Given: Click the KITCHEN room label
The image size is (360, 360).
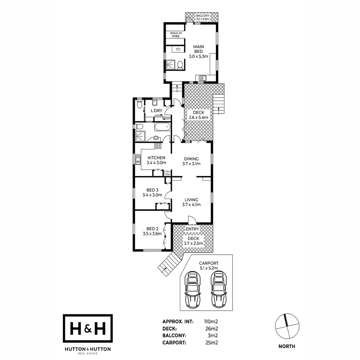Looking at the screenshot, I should [156, 158].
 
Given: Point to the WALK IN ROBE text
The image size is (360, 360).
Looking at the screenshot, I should [176, 35].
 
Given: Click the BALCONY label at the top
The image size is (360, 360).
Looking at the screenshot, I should [203, 16].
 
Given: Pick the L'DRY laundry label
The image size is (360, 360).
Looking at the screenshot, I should [156, 111].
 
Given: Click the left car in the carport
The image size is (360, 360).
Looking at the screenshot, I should [192, 289].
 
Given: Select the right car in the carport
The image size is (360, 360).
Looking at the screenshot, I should [218, 289].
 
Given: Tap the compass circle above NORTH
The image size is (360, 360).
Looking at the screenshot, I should [287, 326].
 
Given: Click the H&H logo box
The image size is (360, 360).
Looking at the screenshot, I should [88, 328].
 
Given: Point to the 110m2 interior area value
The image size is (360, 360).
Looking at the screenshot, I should [211, 322].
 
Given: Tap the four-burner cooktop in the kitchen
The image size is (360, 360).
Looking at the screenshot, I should [158, 146].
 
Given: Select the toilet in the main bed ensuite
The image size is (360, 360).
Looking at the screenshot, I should [180, 64].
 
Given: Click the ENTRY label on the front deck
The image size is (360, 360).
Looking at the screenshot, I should [192, 229].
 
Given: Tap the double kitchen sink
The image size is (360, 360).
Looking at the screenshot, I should [138, 159].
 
